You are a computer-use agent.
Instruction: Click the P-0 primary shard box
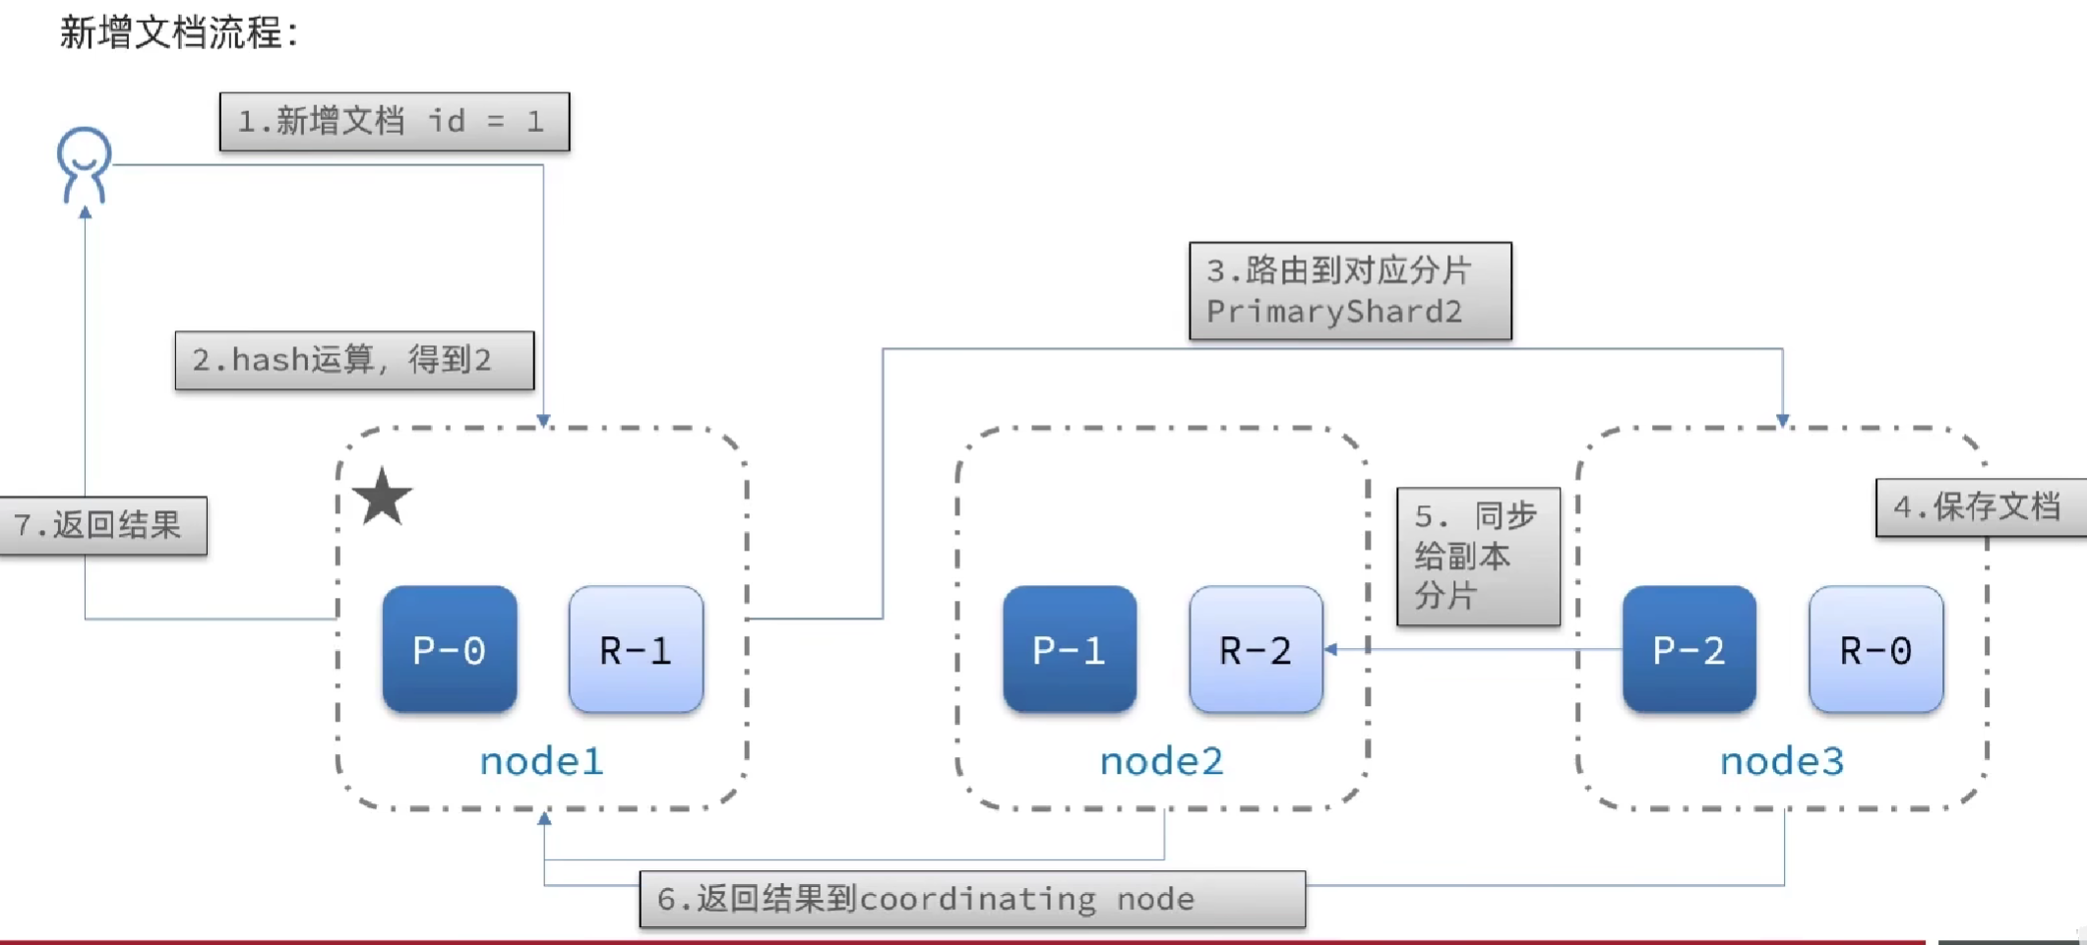pos(450,650)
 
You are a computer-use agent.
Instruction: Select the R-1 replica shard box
pos(636,650)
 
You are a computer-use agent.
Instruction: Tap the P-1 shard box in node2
pos(1070,650)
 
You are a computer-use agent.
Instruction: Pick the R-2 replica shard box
pos(1256,650)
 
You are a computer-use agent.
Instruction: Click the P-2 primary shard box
pos(1688,650)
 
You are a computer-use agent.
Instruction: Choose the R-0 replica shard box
pos(1875,650)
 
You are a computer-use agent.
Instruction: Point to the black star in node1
pos(382,497)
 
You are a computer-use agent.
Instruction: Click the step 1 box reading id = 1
pos(395,122)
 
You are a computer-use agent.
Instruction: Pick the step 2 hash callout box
pos(354,361)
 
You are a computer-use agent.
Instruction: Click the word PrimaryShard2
pos(1334,313)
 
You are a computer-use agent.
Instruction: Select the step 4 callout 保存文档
pos(1978,507)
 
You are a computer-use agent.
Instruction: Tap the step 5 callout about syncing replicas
pos(1478,557)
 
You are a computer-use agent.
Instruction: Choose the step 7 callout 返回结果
pos(103,526)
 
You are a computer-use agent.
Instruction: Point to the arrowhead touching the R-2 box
pos(1331,649)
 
